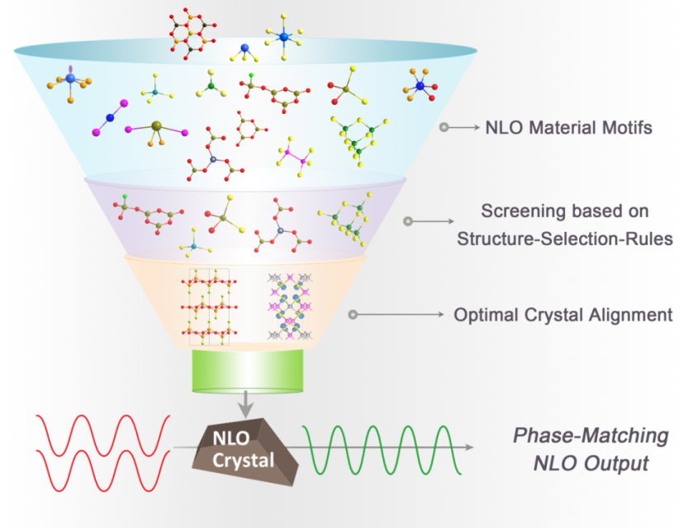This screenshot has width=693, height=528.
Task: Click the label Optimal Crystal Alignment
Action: coord(563,315)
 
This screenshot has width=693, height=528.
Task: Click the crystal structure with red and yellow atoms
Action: coord(208,306)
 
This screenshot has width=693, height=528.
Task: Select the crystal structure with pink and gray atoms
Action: coord(290,306)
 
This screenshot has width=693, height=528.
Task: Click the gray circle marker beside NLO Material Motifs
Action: coord(444,129)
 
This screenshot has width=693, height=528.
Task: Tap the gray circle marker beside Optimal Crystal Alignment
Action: coord(353,315)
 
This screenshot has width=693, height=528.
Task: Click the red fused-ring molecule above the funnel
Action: coord(192,33)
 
